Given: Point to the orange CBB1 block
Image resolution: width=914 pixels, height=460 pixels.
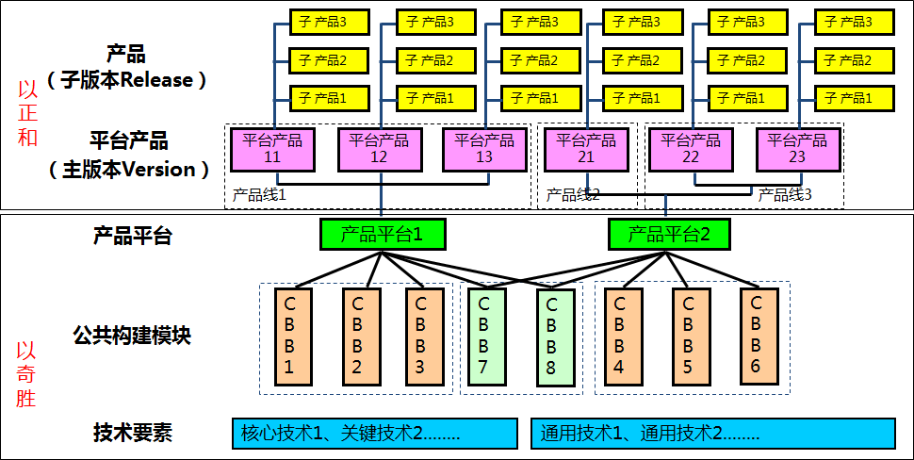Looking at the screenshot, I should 290,337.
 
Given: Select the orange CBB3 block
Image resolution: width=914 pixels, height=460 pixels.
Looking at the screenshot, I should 420,337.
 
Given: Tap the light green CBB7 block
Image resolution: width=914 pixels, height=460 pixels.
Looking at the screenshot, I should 484,337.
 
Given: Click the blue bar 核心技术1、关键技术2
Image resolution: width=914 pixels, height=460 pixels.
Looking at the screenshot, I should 374,433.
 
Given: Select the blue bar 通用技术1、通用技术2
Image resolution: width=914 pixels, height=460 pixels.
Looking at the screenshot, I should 711,433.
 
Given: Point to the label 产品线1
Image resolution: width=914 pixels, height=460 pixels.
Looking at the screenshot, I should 259,195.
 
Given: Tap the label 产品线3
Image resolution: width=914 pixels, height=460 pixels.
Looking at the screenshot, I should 785,195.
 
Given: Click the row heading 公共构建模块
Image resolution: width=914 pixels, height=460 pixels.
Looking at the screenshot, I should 132,335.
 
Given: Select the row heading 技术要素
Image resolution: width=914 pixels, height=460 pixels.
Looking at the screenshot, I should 132,433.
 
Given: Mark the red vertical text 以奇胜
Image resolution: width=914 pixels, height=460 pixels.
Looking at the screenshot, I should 27,374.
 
